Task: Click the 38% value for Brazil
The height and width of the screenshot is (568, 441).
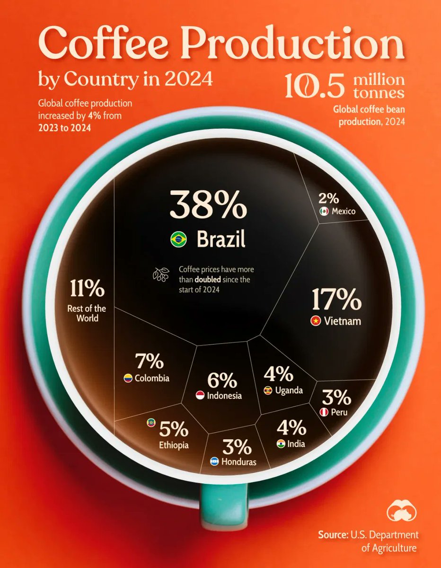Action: (208, 205)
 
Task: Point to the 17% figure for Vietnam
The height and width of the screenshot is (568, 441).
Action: (336, 299)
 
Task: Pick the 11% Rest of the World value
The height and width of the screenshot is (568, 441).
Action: (88, 288)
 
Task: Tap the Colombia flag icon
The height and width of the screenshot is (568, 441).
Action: (128, 378)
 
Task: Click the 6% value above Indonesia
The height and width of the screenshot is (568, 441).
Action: (221, 380)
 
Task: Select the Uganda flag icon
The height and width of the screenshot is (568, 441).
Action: (268, 390)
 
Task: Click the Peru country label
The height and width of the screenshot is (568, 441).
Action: (339, 412)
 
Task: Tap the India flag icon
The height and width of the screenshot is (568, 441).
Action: (282, 444)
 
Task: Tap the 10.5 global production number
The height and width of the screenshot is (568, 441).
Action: (316, 85)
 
